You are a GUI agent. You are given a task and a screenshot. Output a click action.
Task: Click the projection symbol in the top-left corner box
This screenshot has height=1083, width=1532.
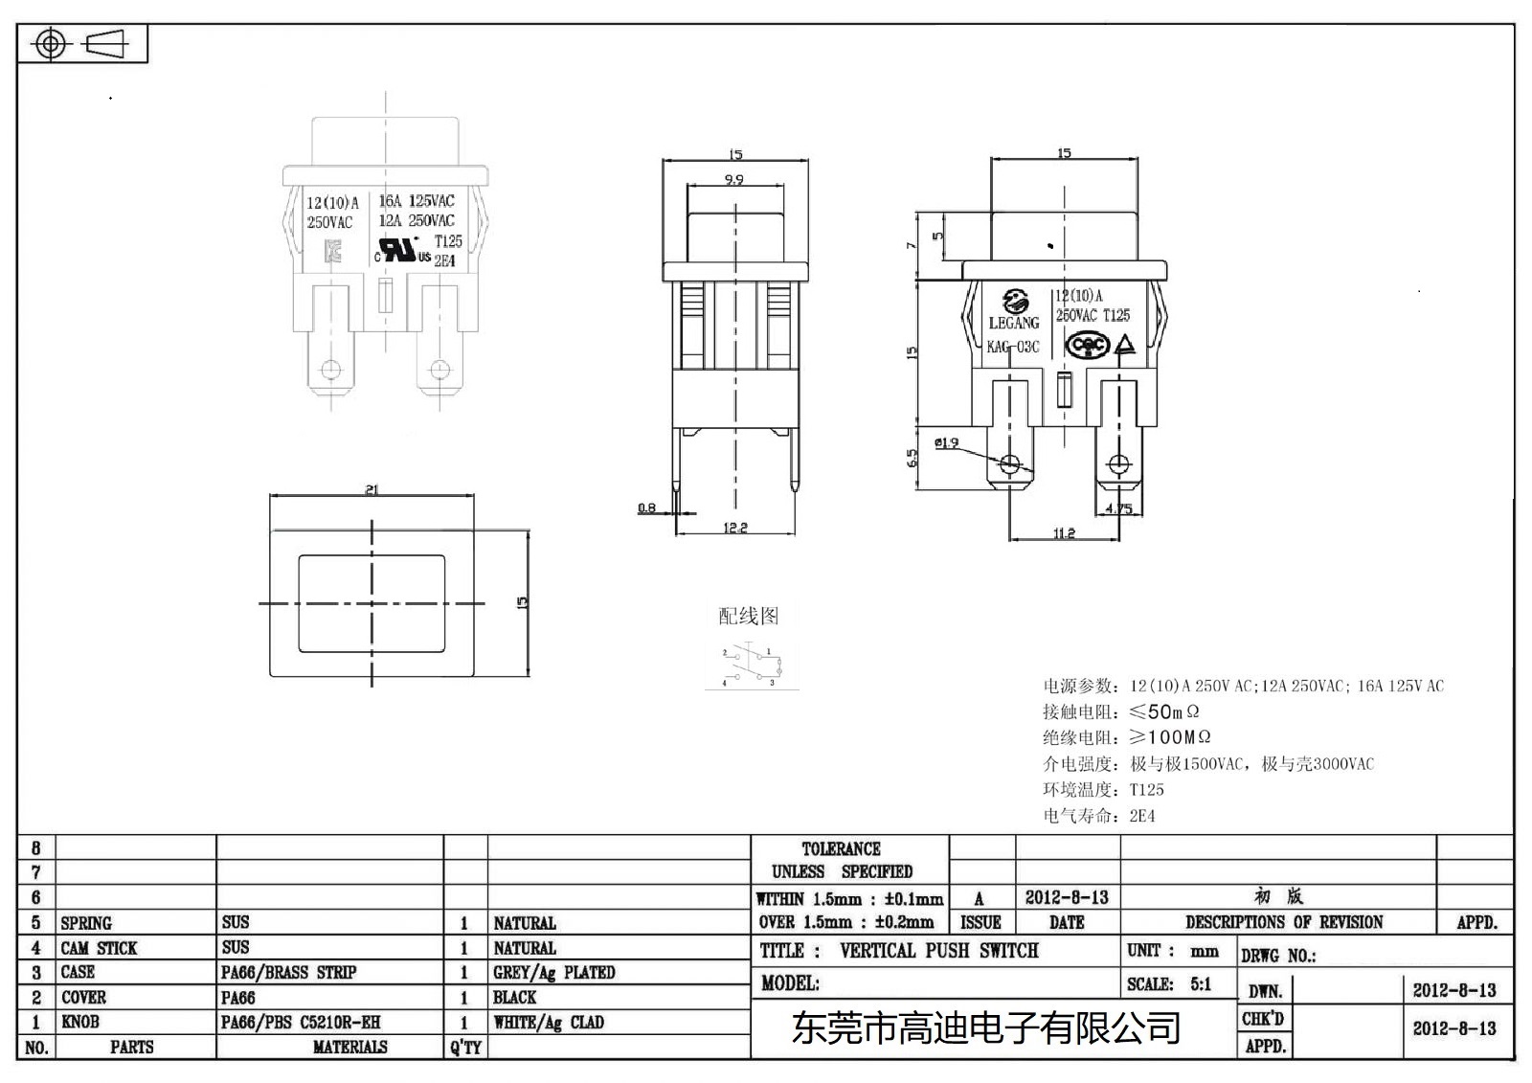click(x=80, y=44)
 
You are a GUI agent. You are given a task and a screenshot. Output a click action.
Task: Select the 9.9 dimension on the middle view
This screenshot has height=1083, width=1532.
click(x=734, y=180)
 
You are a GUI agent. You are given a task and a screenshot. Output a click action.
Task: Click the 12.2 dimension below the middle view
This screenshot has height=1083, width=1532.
click(x=735, y=528)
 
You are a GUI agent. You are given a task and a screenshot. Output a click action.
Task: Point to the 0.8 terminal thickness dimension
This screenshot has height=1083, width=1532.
click(x=647, y=508)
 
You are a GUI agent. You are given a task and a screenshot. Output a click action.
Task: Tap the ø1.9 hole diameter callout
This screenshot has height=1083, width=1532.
click(x=946, y=442)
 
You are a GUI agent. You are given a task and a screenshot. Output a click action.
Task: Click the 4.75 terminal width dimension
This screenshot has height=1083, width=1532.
click(x=1118, y=508)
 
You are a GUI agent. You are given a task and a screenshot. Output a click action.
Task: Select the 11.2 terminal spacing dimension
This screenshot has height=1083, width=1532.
click(x=1064, y=533)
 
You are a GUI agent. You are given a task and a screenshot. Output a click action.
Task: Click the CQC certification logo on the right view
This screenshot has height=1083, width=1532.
click(x=1087, y=346)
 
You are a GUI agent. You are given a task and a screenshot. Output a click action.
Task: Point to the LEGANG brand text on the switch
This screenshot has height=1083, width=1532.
click(x=1013, y=323)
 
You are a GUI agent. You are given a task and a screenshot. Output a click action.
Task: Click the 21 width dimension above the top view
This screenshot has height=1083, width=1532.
click(x=372, y=490)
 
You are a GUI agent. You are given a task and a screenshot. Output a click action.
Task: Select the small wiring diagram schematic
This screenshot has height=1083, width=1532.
click(x=752, y=666)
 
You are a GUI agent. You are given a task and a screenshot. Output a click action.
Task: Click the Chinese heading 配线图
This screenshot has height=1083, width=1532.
click(x=749, y=616)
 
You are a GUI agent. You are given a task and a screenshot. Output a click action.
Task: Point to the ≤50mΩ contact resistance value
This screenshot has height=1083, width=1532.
click(x=1164, y=711)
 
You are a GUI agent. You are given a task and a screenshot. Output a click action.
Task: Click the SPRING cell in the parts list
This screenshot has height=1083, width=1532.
click(x=86, y=923)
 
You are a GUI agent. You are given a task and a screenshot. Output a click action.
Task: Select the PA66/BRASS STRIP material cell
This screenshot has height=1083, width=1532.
click(x=288, y=972)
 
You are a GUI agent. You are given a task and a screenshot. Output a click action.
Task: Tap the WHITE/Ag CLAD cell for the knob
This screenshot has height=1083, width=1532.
click(x=549, y=1022)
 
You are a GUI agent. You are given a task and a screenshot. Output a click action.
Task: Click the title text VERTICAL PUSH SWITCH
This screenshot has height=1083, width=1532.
click(x=938, y=951)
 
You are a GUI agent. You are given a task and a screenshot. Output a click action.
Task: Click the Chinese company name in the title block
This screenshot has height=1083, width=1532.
click(x=986, y=1028)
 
